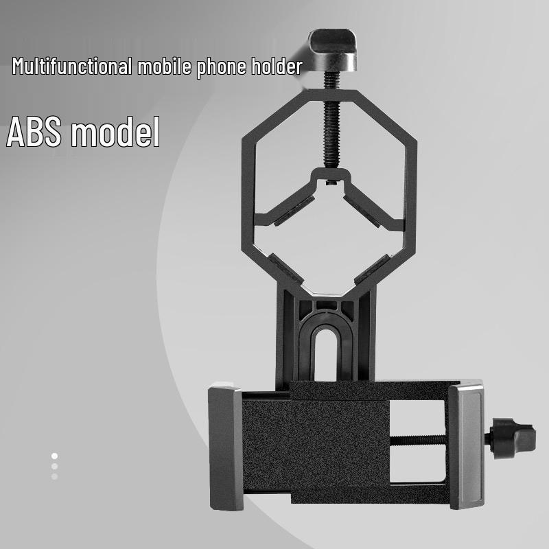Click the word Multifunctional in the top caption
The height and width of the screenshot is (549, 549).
pyautogui.click(x=73, y=67)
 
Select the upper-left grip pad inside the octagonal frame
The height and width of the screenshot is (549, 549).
pyautogui.click(x=292, y=209)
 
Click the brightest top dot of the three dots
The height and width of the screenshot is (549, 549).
pyautogui.click(x=54, y=456)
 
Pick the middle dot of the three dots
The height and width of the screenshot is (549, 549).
pyautogui.click(x=54, y=466)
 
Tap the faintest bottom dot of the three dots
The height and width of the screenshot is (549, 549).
pyautogui.click(x=54, y=476)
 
